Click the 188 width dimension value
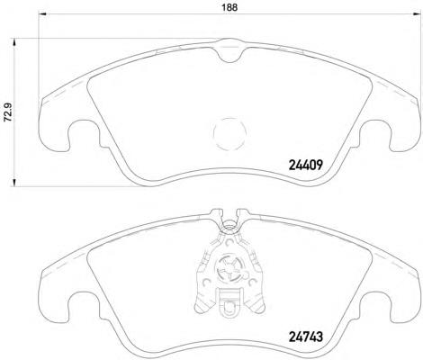pyautogui.click(x=229, y=7)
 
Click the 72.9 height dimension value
pyautogui.click(x=7, y=112)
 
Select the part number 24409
pyautogui.click(x=305, y=165)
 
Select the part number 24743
pyautogui.click(x=305, y=337)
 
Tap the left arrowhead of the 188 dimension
pyautogui.click(x=42, y=13)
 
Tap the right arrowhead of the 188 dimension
pyautogui.click(x=417, y=13)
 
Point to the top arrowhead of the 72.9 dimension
pyautogui.click(x=13, y=42)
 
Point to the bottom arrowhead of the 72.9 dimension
pyautogui.click(x=13, y=183)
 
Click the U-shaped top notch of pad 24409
pyautogui.click(x=230, y=61)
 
